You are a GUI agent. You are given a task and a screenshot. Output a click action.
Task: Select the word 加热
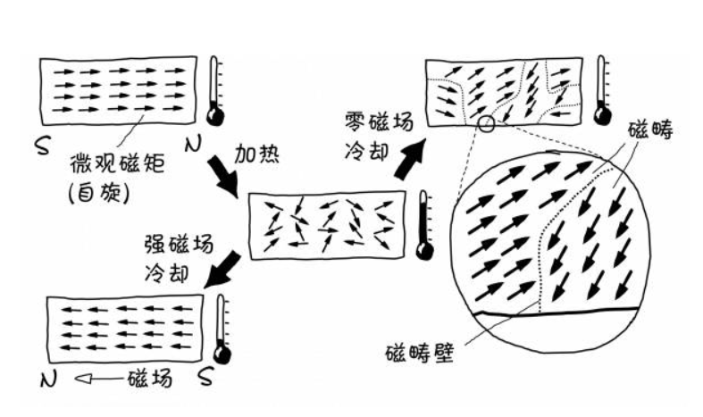(x=255, y=154)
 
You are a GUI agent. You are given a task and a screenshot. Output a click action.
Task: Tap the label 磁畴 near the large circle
(x=650, y=131)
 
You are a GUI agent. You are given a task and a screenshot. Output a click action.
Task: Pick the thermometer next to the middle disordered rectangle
(x=425, y=224)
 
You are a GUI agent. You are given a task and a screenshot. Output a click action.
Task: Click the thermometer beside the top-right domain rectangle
(x=603, y=90)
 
